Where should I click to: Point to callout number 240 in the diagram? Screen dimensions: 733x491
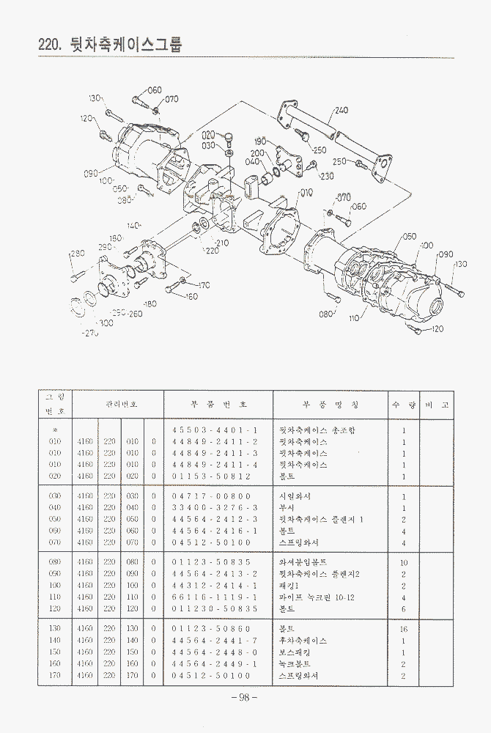tap(341, 111)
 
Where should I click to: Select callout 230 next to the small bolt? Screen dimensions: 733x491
tap(327, 176)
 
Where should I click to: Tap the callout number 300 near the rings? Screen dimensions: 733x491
tap(106, 323)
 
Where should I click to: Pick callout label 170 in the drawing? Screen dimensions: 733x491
tap(203, 285)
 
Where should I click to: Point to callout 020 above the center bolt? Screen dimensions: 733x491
tap(209, 134)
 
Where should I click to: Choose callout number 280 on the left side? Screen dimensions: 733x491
tap(77, 254)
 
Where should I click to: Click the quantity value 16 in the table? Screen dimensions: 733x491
tap(404, 630)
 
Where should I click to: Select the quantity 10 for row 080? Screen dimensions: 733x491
tap(404, 563)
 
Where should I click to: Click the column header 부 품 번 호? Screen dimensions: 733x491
tap(219, 404)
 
